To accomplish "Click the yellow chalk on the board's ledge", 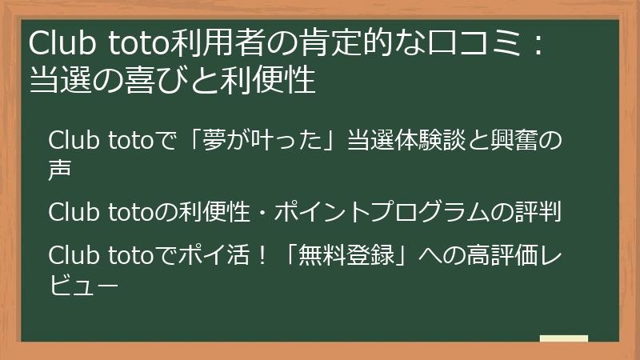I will [563, 338].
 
